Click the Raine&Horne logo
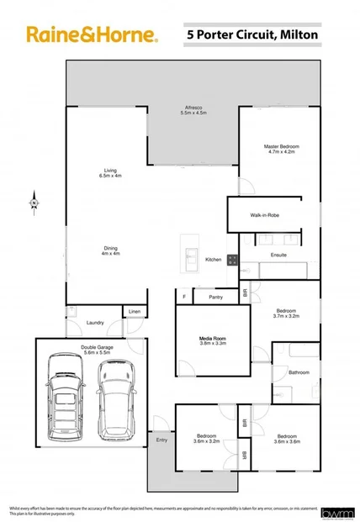[x=91, y=34]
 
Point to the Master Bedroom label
[x=282, y=147]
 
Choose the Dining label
[x=110, y=248]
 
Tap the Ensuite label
[x=278, y=254]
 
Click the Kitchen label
[x=214, y=260]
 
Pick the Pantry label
[x=215, y=297]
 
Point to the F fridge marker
[x=184, y=297]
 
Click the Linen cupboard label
[x=135, y=312]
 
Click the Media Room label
[x=212, y=339]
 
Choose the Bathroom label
[x=299, y=372]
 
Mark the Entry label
[x=161, y=440]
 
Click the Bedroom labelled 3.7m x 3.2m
[x=287, y=310]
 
